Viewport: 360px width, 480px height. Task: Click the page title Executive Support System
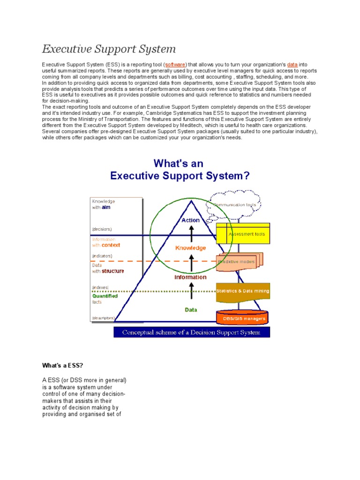click(x=109, y=49)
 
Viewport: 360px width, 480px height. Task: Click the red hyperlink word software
click(x=176, y=64)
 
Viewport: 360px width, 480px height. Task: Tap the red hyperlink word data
click(x=292, y=64)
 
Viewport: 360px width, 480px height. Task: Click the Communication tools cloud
click(x=234, y=205)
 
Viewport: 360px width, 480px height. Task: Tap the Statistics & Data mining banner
click(x=243, y=291)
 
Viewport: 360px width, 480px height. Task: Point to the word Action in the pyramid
click(x=190, y=220)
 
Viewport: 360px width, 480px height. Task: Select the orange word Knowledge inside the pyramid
click(x=190, y=247)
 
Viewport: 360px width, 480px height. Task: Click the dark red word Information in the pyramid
click(x=190, y=277)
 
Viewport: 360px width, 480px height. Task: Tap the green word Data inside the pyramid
click(x=191, y=310)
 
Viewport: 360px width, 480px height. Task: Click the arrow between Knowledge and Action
click(x=191, y=233)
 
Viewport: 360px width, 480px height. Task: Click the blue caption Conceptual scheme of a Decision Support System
click(x=192, y=332)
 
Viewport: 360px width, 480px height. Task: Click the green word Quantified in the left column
click(x=105, y=296)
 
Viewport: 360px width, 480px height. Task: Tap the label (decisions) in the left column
click(x=102, y=229)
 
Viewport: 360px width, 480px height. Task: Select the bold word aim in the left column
click(x=105, y=207)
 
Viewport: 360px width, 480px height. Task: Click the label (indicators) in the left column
click(x=102, y=256)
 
